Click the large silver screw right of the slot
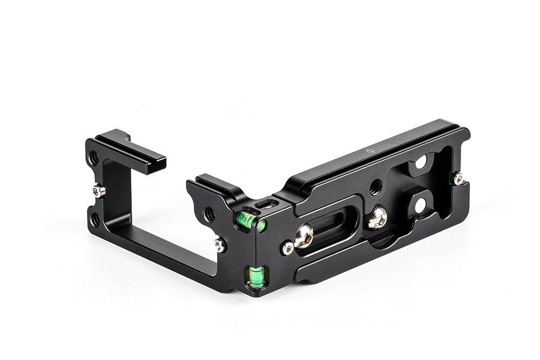376,218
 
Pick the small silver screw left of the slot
288,248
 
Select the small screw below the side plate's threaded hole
220,246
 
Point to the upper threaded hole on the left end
93,158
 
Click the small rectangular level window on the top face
266,205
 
